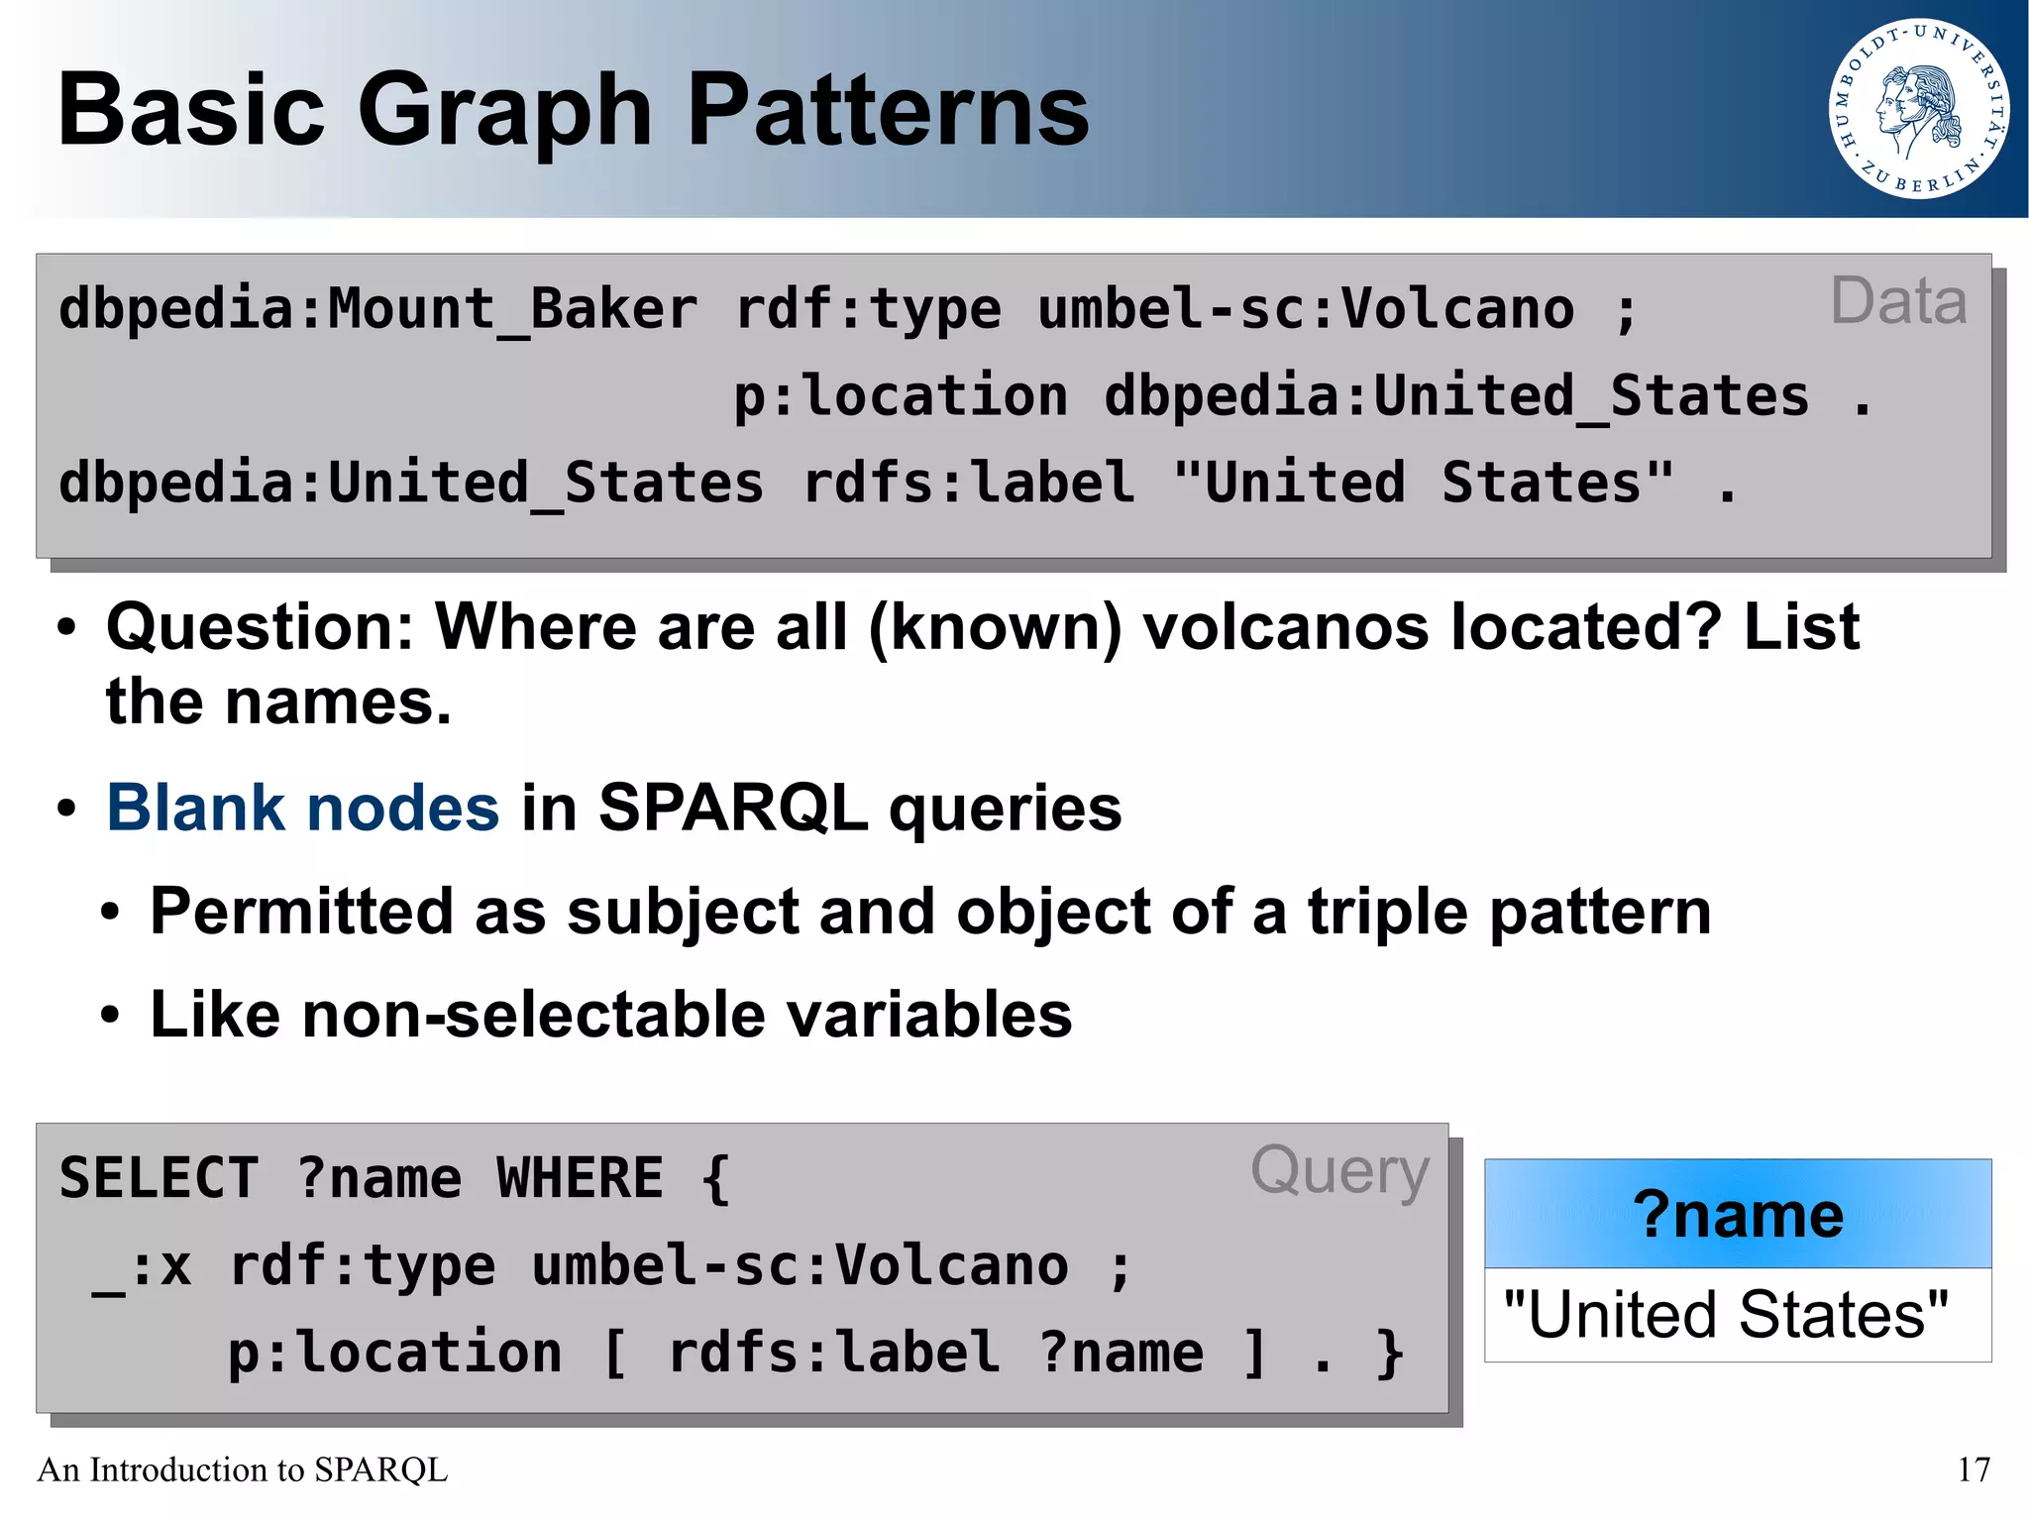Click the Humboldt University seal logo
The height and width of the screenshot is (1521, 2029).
click(1918, 109)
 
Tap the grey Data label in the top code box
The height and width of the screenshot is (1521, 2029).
click(1897, 301)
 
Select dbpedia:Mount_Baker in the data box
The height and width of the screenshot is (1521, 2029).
click(377, 309)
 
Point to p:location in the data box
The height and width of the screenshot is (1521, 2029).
click(900, 396)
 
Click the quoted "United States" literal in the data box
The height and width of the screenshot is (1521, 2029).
click(1423, 484)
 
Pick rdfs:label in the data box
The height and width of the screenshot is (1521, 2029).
click(968, 484)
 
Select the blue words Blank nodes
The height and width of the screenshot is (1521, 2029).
click(302, 808)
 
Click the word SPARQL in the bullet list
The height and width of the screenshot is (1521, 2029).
click(732, 808)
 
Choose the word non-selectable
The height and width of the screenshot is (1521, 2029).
click(534, 1015)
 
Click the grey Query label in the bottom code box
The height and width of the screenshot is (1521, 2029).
click(1339, 1171)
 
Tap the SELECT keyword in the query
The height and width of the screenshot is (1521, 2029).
click(159, 1179)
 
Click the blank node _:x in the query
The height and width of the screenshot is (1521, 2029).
click(142, 1267)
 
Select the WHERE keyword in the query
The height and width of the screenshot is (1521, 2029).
click(580, 1179)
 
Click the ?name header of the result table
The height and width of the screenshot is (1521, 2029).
click(1738, 1214)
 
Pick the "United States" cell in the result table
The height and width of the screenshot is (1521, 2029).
click(1725, 1315)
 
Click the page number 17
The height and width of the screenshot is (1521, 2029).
click(1974, 1469)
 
